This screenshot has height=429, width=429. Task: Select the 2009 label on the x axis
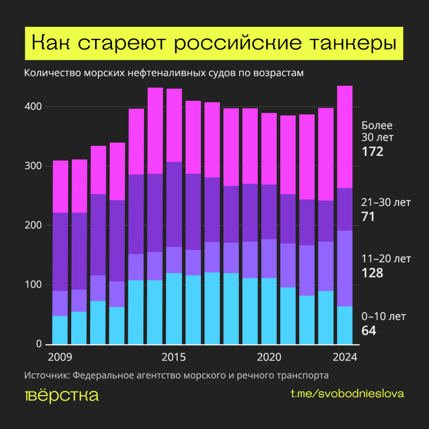(60, 358)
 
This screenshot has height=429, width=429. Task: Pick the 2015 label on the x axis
(174, 358)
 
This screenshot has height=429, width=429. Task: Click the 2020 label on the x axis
(269, 358)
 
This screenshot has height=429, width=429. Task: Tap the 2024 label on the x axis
(345, 358)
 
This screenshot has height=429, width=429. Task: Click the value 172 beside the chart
(372, 151)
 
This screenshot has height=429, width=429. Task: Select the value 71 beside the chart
(368, 217)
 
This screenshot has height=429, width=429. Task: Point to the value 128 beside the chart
(372, 273)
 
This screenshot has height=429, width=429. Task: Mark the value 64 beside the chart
(369, 331)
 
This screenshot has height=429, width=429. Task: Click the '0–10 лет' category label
(384, 316)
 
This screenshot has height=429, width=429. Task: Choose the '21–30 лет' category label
(386, 203)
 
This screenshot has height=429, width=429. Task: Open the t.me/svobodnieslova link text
(347, 394)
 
